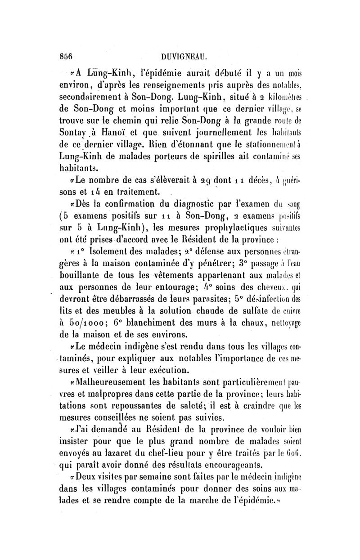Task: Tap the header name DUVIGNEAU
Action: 186,57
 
